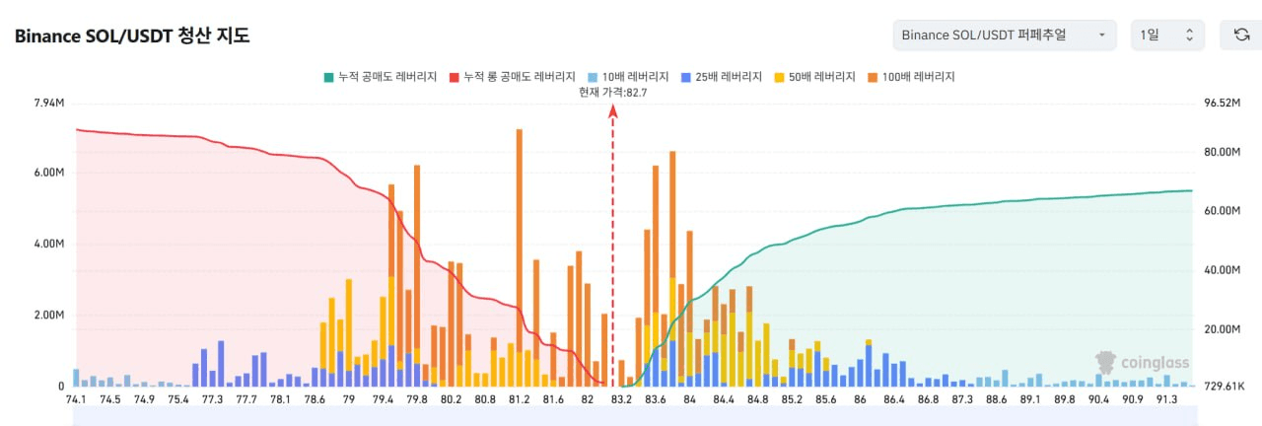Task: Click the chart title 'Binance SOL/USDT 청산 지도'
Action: point(132,36)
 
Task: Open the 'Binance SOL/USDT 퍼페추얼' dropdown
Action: point(1004,35)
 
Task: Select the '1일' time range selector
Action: point(1166,35)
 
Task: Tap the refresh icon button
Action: point(1241,35)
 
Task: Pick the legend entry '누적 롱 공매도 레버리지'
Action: point(512,76)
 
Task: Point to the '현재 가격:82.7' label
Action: point(612,92)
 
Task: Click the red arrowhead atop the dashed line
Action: point(612,110)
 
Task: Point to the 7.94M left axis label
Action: point(49,103)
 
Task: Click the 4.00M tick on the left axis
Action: point(49,245)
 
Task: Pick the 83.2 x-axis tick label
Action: point(622,399)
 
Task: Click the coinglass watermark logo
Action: point(1143,363)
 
